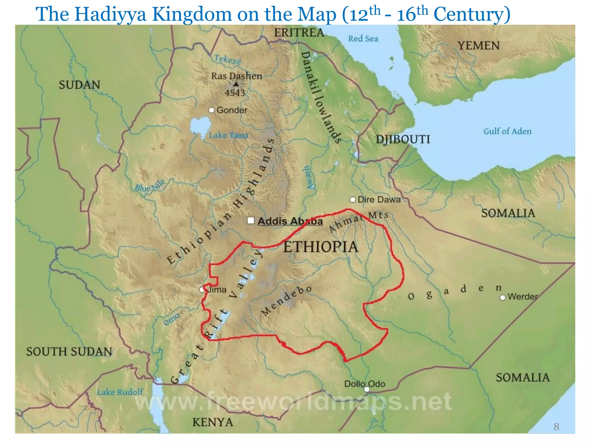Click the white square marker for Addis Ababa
point(251,221)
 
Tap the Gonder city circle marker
point(212,110)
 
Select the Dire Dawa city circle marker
point(352,200)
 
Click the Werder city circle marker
point(502,297)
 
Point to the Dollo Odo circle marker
point(367,389)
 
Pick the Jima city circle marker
point(202,290)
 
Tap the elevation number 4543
point(235,93)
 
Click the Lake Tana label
point(229,135)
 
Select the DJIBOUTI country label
point(403,139)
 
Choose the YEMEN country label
point(478,46)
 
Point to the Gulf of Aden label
point(507,131)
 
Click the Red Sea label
point(363,39)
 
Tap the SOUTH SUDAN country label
point(69,352)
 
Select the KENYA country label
point(213,422)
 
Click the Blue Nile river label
point(150,185)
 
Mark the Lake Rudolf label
point(120,392)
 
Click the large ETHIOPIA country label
point(321,247)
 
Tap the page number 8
point(556,427)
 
